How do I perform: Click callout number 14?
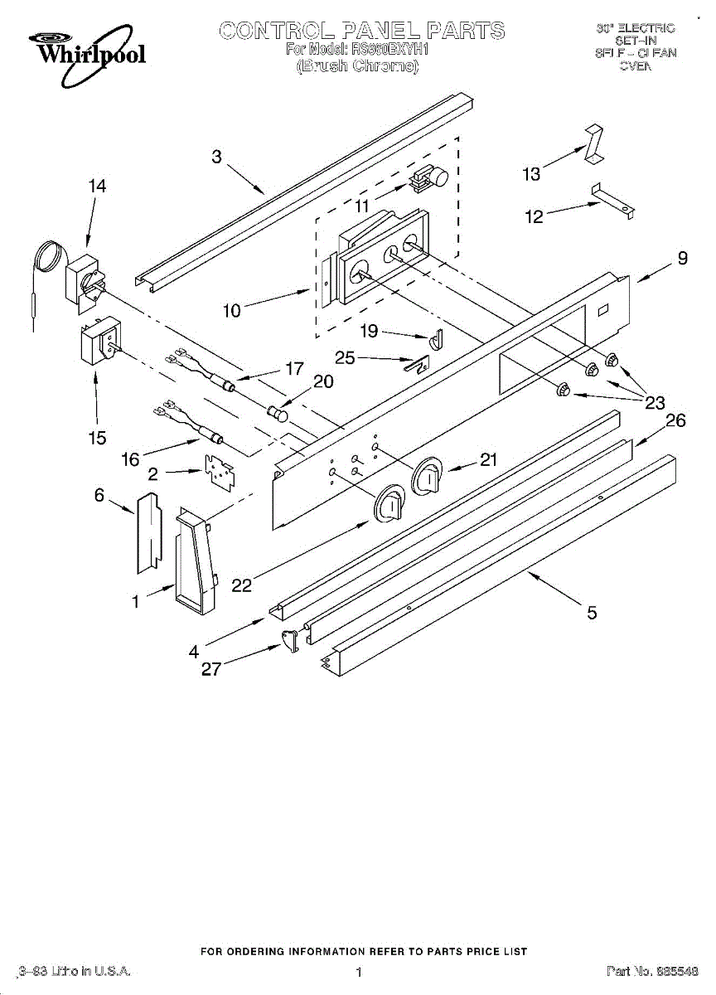(97, 187)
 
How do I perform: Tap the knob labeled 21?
(430, 475)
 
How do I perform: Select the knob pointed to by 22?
(390, 506)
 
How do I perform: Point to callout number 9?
(682, 259)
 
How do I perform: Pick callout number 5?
(592, 613)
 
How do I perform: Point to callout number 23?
(656, 403)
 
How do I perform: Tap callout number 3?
(216, 157)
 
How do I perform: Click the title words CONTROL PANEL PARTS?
(361, 32)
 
